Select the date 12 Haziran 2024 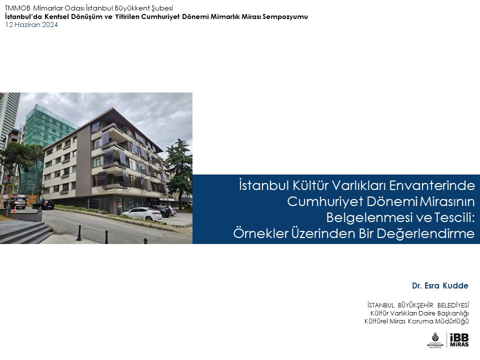pos(31,25)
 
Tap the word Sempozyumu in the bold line pos(285,16)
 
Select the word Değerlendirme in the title pos(425,233)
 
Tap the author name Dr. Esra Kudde pos(440,285)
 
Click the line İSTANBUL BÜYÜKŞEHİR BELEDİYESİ pos(418,305)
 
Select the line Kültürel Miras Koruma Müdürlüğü pos(416,321)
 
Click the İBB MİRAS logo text pos(459,340)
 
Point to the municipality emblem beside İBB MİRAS pos(435,340)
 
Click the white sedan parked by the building pos(141,213)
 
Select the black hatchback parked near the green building pos(43,204)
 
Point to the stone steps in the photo pos(24,231)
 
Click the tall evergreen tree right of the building pos(179,171)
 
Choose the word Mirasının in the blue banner pos(447,201)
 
